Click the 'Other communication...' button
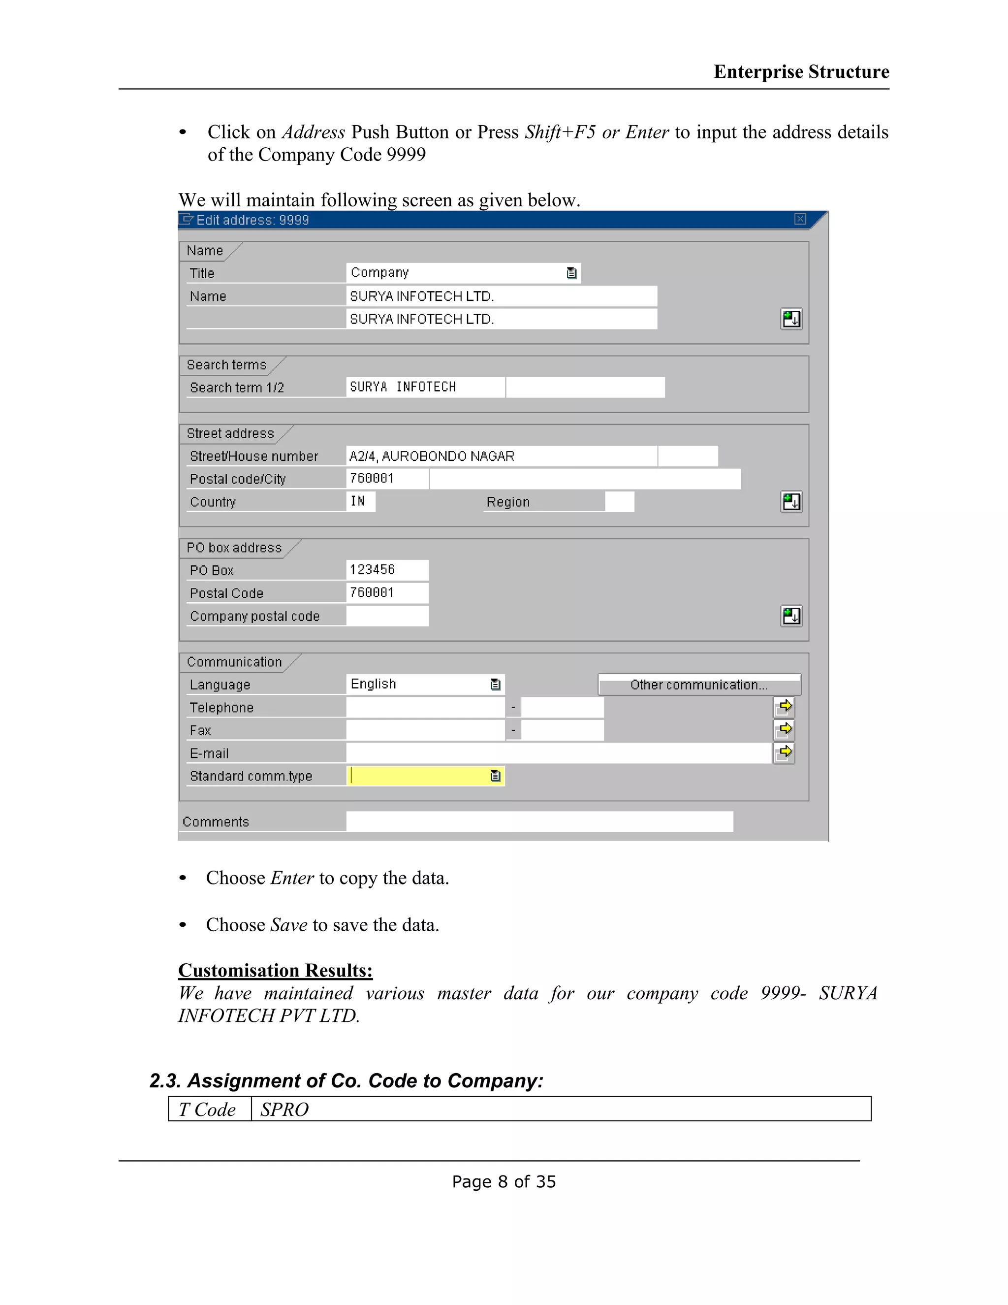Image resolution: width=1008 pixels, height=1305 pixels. pyautogui.click(x=699, y=685)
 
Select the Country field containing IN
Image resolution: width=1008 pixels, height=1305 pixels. pyautogui.click(x=361, y=501)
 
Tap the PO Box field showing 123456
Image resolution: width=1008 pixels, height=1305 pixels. pyautogui.click(x=387, y=570)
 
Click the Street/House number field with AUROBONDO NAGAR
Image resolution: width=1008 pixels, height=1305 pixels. pyautogui.click(x=502, y=456)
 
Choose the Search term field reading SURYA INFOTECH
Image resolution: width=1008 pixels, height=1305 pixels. pyautogui.click(x=425, y=387)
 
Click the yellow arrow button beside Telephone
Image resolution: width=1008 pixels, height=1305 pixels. pyautogui.click(x=784, y=707)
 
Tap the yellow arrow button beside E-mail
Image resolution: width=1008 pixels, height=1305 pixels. pyautogui.click(x=784, y=752)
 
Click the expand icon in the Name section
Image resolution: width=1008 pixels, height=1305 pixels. pyautogui.click(x=791, y=319)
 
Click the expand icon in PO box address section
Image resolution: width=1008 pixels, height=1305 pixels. pyautogui.click(x=791, y=616)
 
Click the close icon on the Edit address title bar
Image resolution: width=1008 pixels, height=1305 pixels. pyautogui.click(x=800, y=219)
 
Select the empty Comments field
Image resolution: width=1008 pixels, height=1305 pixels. pyautogui.click(x=539, y=821)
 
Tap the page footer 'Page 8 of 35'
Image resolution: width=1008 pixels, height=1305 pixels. pyautogui.click(x=504, y=1181)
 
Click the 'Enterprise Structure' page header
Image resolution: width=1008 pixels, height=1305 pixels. pyautogui.click(x=801, y=72)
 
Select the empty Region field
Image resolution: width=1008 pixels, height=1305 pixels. pyautogui.click(x=619, y=502)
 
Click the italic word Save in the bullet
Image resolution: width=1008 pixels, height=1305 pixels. pyautogui.click(x=289, y=925)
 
